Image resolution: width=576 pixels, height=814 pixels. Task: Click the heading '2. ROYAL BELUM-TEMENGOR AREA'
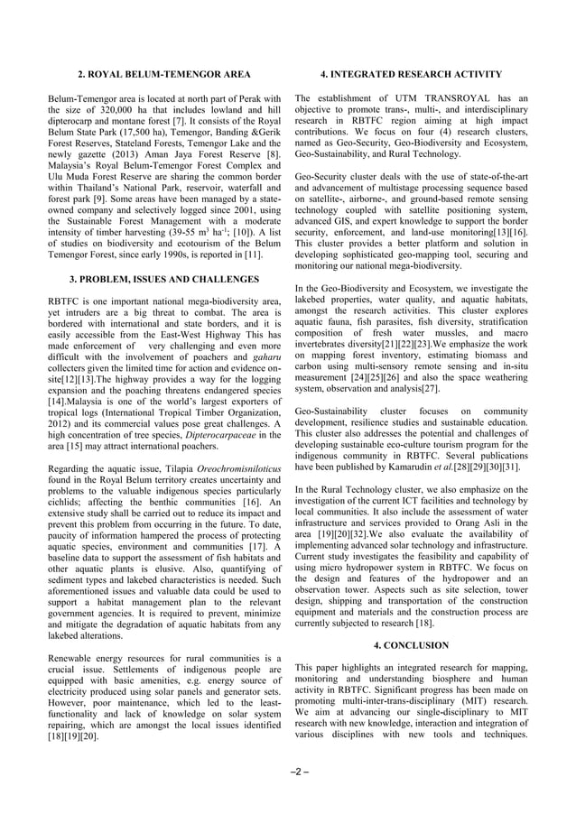(x=163, y=73)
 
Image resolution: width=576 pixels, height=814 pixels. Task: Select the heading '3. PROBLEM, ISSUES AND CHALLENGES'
(x=163, y=280)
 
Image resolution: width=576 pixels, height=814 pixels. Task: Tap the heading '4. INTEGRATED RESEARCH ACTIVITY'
(x=412, y=73)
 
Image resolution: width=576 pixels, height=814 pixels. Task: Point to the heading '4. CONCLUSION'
(x=412, y=645)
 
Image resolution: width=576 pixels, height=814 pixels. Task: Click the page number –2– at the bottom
(x=288, y=772)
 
